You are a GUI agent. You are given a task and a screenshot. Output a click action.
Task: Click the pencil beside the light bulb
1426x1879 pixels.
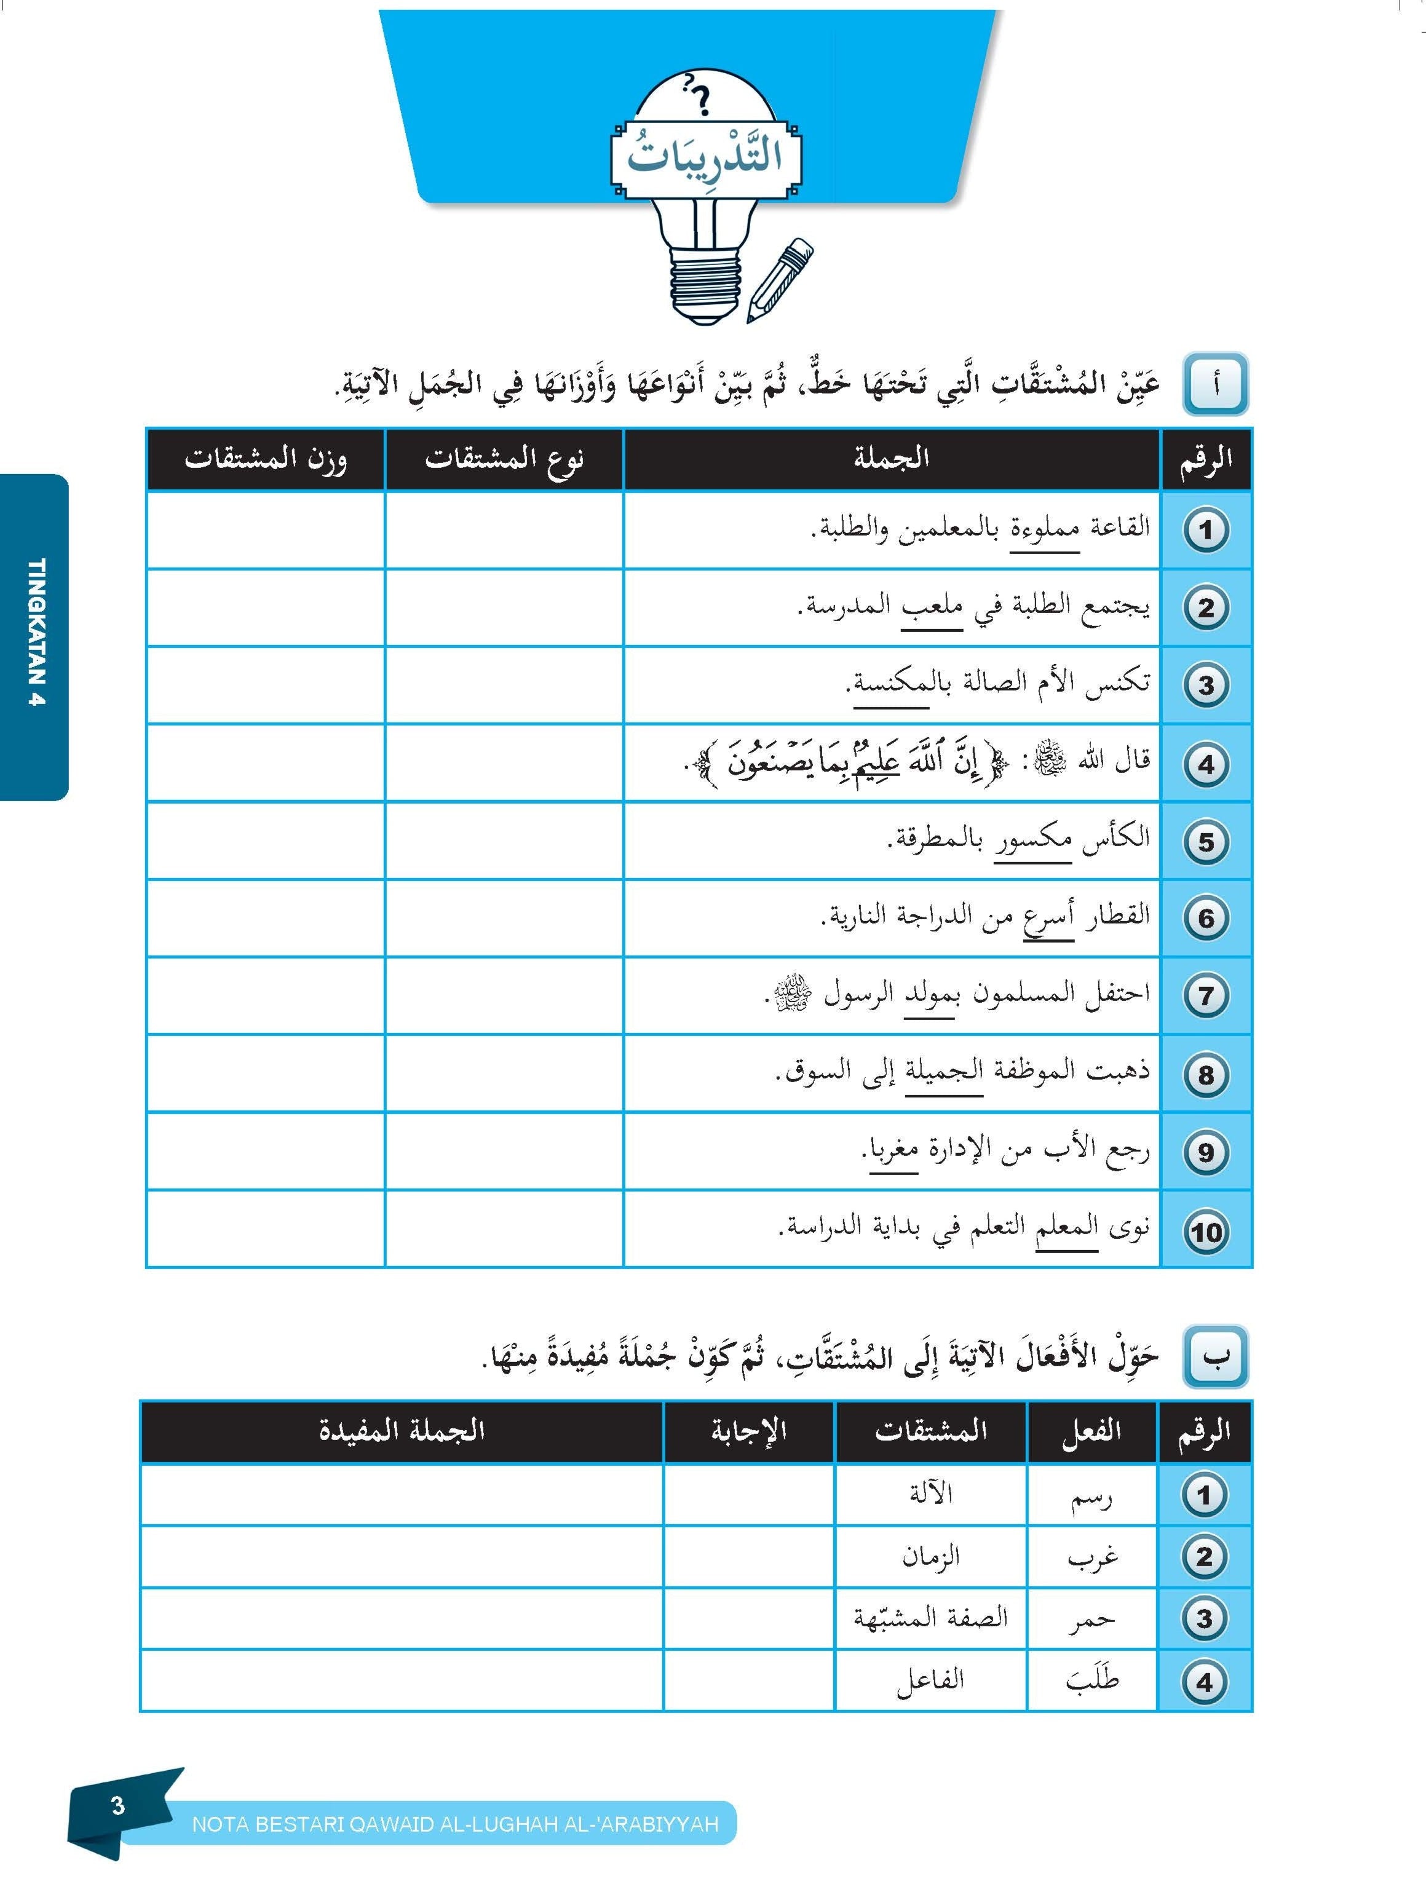tap(780, 280)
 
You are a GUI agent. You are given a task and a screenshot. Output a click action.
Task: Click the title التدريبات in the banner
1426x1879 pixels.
tap(705, 158)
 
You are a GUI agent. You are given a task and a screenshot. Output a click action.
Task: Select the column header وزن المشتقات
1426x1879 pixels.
tap(265, 459)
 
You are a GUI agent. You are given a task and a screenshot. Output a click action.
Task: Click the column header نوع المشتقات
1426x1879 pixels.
tap(504, 459)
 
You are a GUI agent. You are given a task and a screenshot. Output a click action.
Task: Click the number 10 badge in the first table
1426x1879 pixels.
tap(1206, 1232)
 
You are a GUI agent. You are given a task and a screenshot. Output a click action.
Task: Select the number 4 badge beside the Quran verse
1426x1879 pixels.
tap(1206, 764)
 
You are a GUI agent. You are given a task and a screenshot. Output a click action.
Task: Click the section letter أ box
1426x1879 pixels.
tap(1215, 386)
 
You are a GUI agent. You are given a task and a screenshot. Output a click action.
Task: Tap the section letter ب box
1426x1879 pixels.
tap(1215, 1356)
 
